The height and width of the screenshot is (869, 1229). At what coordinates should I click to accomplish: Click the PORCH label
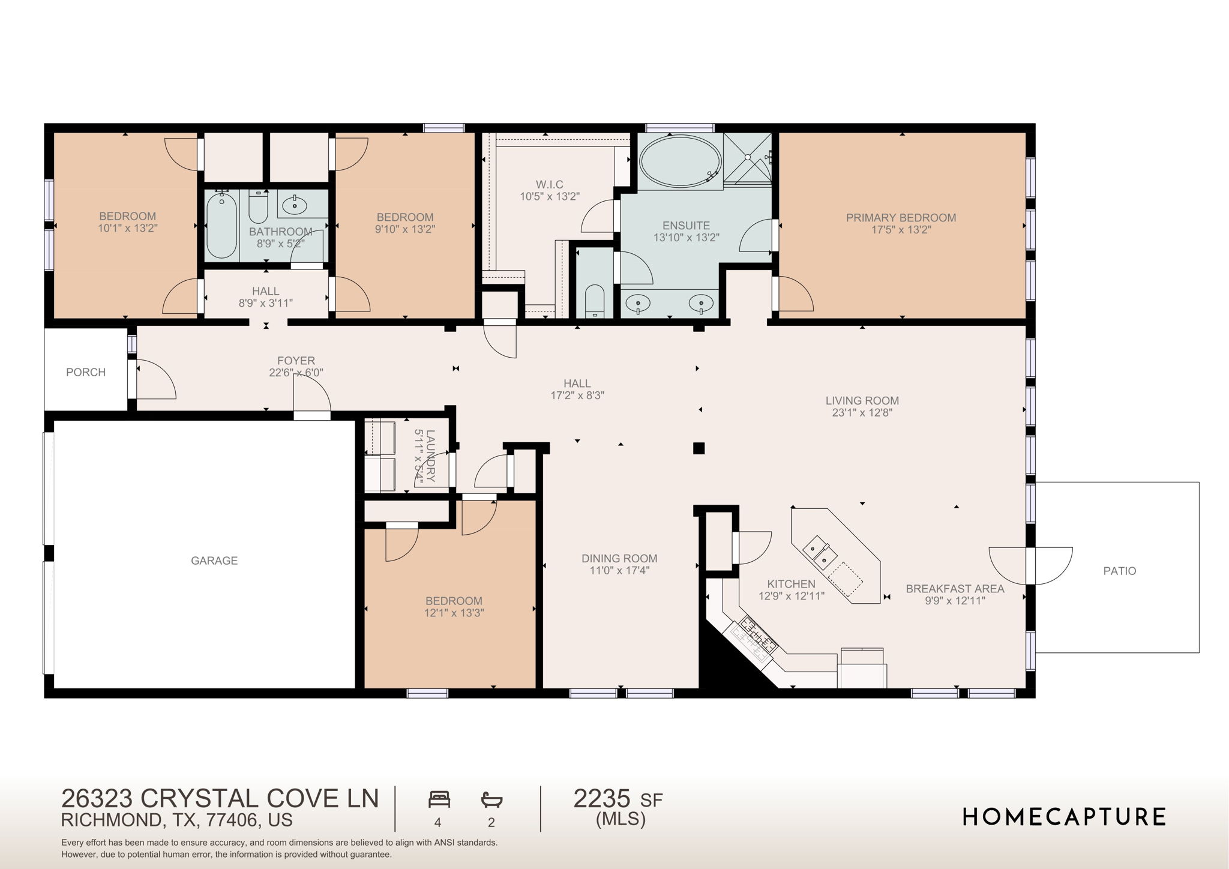pos(86,372)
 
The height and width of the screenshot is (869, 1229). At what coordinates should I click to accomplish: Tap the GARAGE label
pos(214,561)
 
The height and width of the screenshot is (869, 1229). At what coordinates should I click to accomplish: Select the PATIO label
pos(1120,571)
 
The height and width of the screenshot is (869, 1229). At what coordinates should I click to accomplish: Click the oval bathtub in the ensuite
pos(680,160)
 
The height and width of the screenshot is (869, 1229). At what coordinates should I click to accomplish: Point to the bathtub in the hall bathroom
pos(221,226)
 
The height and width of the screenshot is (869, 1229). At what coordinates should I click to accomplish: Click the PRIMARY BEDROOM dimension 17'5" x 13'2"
pos(901,230)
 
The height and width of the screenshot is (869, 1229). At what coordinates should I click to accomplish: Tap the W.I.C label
pos(550,184)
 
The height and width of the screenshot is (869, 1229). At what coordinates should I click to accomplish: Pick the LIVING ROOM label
pos(862,400)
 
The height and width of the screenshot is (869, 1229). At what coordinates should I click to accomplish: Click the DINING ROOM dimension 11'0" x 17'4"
pos(619,570)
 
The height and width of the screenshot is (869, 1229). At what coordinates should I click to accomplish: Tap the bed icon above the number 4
pos(439,799)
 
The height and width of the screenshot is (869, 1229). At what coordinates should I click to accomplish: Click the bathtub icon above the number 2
pos(491,799)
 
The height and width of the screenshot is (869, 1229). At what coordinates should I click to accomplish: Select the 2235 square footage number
pos(602,799)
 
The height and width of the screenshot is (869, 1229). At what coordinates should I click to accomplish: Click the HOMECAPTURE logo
pos(1064,817)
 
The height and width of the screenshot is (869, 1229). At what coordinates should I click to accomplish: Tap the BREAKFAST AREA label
pos(955,589)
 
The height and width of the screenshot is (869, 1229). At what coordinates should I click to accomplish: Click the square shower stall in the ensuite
pos(747,158)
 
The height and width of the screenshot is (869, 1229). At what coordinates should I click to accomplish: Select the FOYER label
pos(296,361)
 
